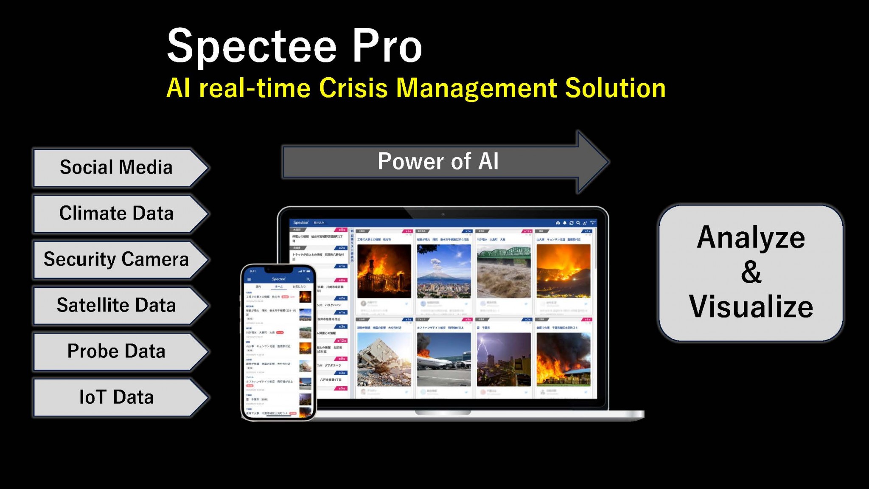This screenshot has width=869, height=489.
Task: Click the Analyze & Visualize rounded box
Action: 751,272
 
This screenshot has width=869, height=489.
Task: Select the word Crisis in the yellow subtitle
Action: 353,88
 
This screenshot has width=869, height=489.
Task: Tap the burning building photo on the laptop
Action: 384,271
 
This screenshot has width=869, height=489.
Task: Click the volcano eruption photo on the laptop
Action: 444,271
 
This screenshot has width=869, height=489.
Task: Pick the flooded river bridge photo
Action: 504,271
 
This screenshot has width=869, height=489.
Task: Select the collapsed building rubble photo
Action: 384,359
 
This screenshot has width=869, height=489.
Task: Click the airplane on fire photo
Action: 444,359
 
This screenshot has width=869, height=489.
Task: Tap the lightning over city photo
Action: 504,359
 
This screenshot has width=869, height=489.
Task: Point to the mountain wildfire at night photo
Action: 563,271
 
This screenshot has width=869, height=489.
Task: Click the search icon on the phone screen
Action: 308,279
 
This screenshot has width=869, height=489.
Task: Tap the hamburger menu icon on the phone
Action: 249,279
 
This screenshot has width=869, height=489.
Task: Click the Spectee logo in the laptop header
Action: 301,222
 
